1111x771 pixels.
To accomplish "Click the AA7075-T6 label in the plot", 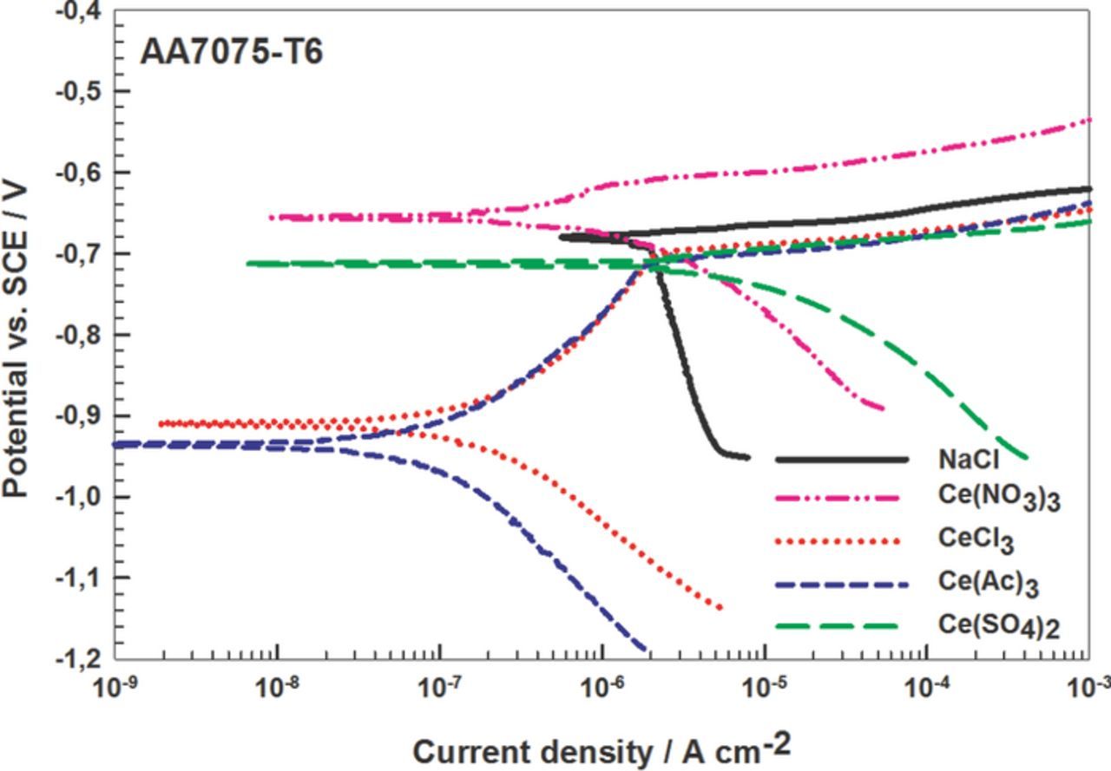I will pyautogui.click(x=232, y=52).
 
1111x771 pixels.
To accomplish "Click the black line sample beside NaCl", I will pyautogui.click(x=841, y=459).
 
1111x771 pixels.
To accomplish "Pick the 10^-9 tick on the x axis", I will pyautogui.click(x=115, y=689).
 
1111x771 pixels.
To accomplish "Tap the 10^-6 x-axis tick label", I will pyautogui.click(x=602, y=689).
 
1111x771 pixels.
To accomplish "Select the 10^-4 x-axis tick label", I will pyautogui.click(x=926, y=689).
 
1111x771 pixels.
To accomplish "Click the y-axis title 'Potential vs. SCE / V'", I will pyautogui.click(x=19, y=338).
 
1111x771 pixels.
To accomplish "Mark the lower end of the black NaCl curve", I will pyautogui.click(x=747, y=457).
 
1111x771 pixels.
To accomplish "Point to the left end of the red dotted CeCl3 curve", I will pyautogui.click(x=161, y=423).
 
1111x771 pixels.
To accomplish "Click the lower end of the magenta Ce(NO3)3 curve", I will pyautogui.click(x=882, y=408).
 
